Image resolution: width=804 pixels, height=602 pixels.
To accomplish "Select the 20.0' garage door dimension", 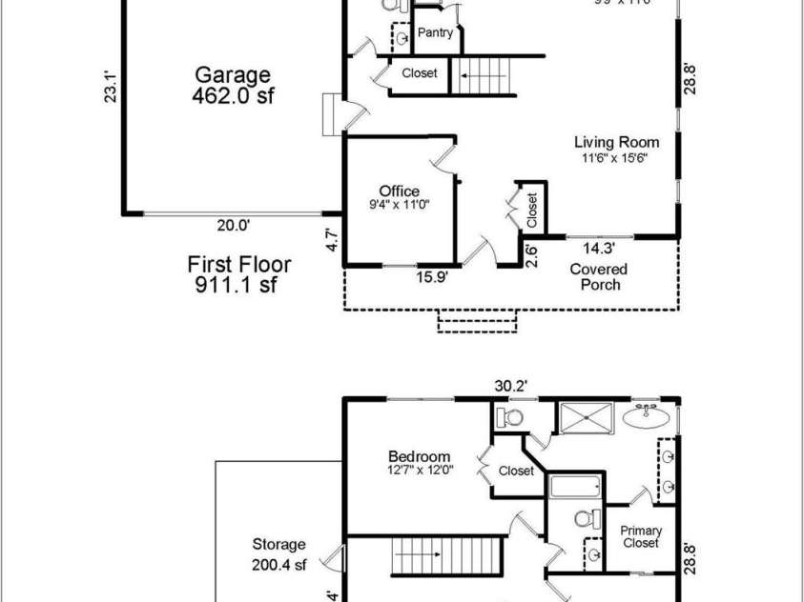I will tap(233, 226).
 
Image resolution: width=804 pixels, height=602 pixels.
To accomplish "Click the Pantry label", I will tap(435, 33).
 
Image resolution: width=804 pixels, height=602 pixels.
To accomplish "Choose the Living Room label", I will tap(616, 142).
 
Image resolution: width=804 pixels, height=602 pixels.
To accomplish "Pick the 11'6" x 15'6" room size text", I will tap(616, 158).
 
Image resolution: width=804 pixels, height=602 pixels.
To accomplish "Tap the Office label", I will tap(399, 191).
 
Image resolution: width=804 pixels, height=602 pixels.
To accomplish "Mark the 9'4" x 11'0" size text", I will tap(399, 204).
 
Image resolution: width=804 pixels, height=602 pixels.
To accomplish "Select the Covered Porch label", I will tap(598, 277).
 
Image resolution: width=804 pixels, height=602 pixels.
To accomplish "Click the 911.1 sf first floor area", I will tap(238, 285).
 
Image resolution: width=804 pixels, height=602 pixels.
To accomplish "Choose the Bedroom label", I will tap(420, 456).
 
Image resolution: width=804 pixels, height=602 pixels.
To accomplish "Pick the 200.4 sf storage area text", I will tap(278, 565).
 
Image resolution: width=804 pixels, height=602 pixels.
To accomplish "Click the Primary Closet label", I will tap(641, 537).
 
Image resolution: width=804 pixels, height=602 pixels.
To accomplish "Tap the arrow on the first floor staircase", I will tap(473, 74).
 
